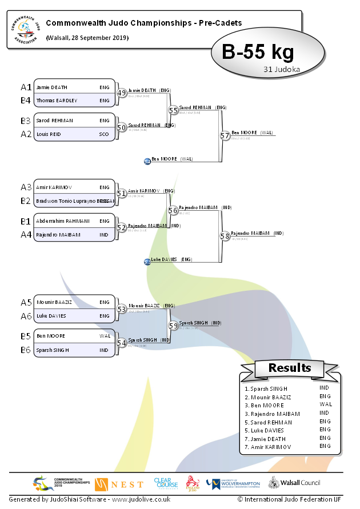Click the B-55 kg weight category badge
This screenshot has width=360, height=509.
click(x=258, y=53)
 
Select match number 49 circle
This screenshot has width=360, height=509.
click(x=121, y=94)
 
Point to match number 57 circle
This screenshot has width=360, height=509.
click(x=225, y=135)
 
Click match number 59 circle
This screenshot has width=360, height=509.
click(x=173, y=326)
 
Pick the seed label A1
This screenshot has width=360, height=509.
click(x=26, y=87)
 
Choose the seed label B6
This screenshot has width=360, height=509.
click(x=26, y=350)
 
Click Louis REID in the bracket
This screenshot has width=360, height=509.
click(x=50, y=134)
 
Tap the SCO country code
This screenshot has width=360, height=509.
click(x=104, y=134)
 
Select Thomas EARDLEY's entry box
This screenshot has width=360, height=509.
click(x=74, y=101)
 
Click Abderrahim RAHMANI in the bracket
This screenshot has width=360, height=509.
click(x=63, y=221)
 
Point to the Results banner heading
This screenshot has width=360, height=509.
click(x=290, y=368)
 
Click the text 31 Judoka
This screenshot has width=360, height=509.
click(x=282, y=69)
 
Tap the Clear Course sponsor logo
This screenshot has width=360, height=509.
click(x=166, y=483)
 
